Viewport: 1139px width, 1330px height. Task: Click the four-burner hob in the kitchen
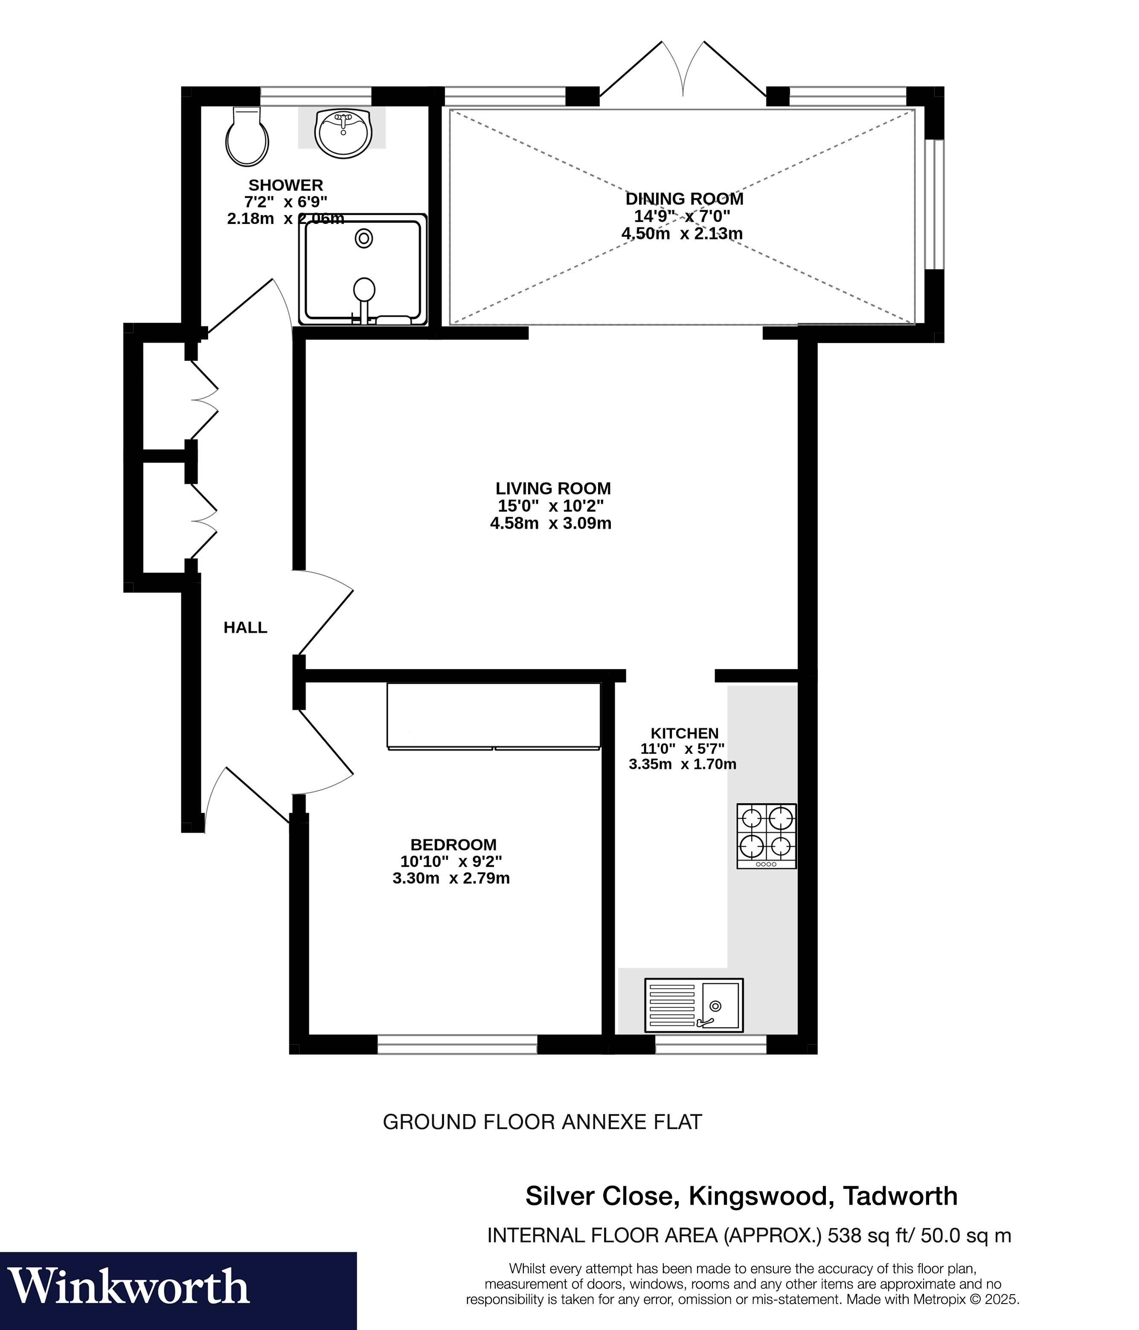point(766,836)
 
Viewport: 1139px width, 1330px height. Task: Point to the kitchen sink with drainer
point(693,1005)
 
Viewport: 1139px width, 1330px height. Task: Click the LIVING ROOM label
point(553,488)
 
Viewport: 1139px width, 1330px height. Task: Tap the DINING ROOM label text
point(684,199)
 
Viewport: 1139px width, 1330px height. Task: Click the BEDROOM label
point(453,845)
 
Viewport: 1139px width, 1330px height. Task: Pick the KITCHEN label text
point(684,733)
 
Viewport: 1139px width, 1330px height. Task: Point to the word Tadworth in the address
point(900,1196)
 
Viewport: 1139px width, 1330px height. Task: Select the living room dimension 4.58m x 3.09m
point(550,523)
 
